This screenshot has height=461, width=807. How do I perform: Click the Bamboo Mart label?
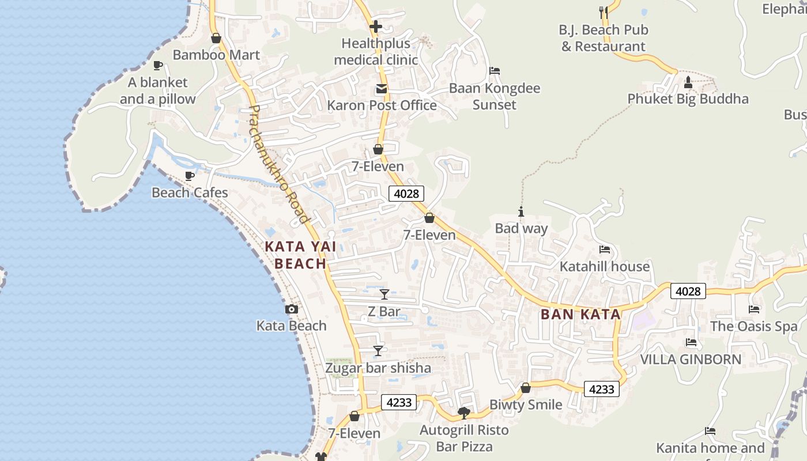point(216,55)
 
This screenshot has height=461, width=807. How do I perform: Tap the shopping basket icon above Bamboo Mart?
point(216,39)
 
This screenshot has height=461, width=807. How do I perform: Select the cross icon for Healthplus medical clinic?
point(376,27)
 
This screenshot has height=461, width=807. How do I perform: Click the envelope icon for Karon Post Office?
point(382,89)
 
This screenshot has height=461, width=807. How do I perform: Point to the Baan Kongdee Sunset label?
point(495,96)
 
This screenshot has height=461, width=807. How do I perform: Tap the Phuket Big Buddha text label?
point(688,99)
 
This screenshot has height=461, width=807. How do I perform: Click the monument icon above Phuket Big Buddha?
point(688,82)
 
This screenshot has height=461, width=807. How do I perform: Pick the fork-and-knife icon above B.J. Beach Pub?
point(604,12)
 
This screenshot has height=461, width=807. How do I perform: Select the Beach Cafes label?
point(190,192)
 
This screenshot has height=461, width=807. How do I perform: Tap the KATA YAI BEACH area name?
point(300,255)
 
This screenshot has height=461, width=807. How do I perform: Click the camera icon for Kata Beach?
point(292,309)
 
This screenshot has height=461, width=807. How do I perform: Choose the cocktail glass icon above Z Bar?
point(384,294)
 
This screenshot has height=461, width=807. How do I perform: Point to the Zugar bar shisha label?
point(378,368)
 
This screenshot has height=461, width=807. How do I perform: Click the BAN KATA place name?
point(580,315)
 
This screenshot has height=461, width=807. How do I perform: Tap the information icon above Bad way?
point(521,212)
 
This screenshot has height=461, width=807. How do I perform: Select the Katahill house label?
point(605,267)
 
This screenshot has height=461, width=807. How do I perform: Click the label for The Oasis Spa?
point(753,326)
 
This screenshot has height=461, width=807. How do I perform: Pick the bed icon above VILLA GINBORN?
point(691,343)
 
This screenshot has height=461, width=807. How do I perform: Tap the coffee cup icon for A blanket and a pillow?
point(157,66)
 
